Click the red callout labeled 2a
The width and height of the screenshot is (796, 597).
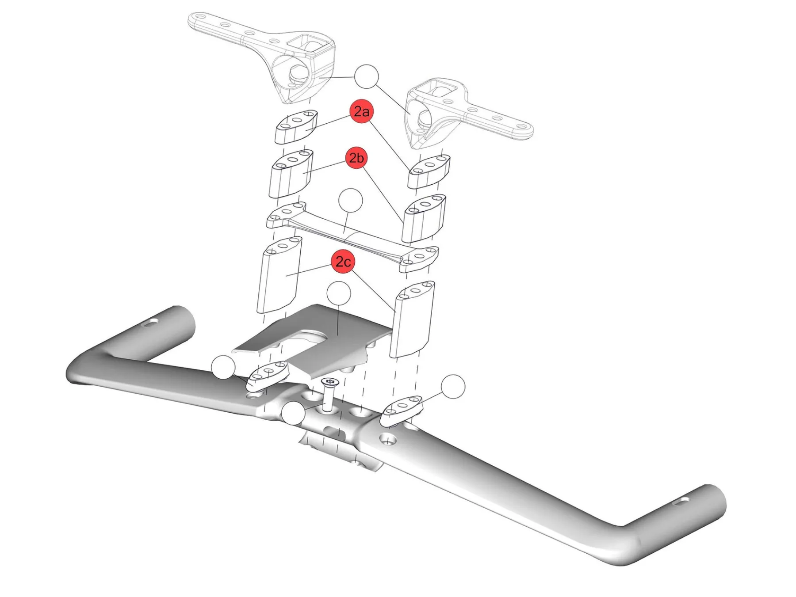pos(362,111)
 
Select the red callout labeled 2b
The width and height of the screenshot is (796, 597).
pos(356,158)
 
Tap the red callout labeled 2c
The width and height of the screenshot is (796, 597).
pos(343,262)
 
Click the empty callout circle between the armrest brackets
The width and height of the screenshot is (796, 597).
pos(367,77)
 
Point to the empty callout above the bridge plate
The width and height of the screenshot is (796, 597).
pos(350,201)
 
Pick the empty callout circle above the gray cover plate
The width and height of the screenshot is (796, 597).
pos(338,294)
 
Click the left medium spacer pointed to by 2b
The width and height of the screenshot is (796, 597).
pos(291,175)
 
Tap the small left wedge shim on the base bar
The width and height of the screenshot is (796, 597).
pos(268,376)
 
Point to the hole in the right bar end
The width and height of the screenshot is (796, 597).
pos(684,501)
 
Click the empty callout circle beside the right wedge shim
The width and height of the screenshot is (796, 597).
pos(453,386)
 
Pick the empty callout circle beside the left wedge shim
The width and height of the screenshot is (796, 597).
pos(223,368)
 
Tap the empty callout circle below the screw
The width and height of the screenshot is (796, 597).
pos(293,414)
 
